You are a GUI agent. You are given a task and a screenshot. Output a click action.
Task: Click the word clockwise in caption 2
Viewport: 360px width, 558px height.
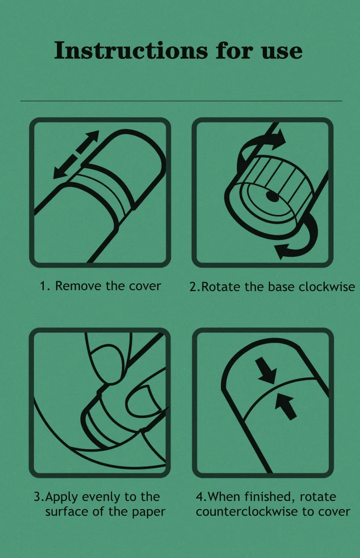pyautogui.click(x=327, y=287)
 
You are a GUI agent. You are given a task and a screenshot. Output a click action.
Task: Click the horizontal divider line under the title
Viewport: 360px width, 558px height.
pyautogui.click(x=181, y=100)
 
